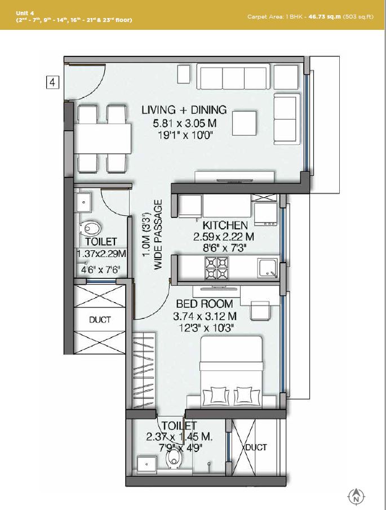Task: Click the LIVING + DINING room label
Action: [184, 110]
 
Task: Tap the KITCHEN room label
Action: [225, 225]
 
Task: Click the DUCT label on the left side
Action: [100, 320]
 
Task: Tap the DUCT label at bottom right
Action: [255, 447]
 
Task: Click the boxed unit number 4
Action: [52, 83]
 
